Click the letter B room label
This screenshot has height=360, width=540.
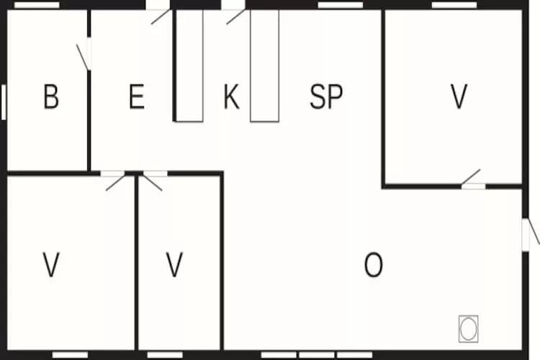[x=51, y=96]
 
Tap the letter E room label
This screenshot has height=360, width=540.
[x=137, y=96]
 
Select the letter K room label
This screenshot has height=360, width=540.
[x=231, y=96]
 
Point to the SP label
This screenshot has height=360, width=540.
[x=326, y=96]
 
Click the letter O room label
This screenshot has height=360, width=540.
[x=373, y=264]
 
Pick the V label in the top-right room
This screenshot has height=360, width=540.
[x=459, y=96]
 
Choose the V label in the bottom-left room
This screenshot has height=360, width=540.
[x=51, y=264]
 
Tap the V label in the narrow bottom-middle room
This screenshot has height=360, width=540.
[x=174, y=264]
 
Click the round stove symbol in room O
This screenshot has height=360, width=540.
[x=469, y=328]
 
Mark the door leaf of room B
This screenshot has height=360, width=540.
[x=82, y=57]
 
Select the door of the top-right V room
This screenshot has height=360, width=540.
[x=471, y=176]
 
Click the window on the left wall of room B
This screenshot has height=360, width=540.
[x=4, y=102]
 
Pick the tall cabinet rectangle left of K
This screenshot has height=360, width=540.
[x=189, y=66]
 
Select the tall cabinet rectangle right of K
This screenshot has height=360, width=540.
[x=264, y=66]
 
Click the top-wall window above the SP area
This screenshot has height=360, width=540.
[x=341, y=5]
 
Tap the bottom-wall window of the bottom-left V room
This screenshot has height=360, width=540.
[x=70, y=355]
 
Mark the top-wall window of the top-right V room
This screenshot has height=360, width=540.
[x=454, y=5]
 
